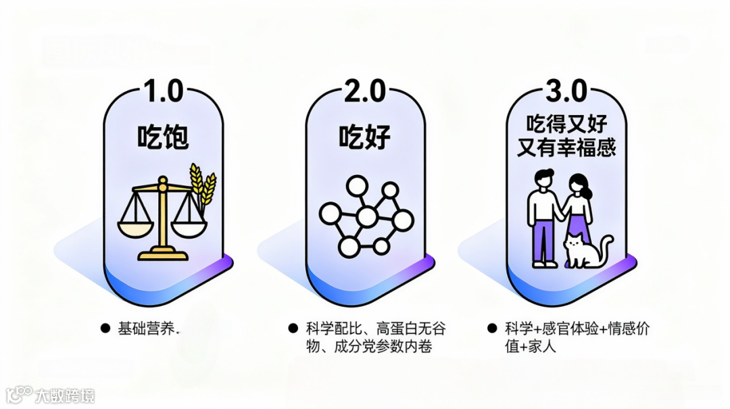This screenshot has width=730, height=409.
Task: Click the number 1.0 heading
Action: pyautogui.click(x=162, y=91)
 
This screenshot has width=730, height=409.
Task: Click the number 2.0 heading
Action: pyautogui.click(x=365, y=91)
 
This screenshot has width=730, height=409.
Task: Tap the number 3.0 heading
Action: pyautogui.click(x=567, y=91)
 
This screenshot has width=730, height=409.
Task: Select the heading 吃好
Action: pyautogui.click(x=365, y=137)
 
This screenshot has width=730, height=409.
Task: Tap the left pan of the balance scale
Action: pyautogui.click(x=135, y=227)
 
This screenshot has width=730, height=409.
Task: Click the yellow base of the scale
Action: pyautogui.click(x=162, y=255)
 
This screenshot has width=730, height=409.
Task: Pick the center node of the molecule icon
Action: pyautogui.click(x=366, y=217)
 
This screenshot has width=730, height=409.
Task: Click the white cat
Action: pyautogui.click(x=583, y=251)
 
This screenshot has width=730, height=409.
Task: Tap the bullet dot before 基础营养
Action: pyautogui.click(x=105, y=329)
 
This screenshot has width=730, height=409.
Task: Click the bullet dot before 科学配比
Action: pyautogui.click(x=293, y=329)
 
